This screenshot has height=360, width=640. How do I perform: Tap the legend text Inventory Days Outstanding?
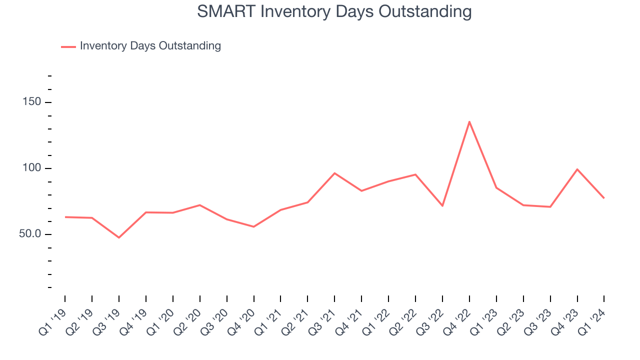(x=150, y=46)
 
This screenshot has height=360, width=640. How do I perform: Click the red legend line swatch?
(x=68, y=46)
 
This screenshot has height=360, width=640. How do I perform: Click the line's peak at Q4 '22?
(x=469, y=121)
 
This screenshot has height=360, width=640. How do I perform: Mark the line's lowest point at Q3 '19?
(x=119, y=237)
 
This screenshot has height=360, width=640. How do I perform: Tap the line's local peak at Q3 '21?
(x=334, y=173)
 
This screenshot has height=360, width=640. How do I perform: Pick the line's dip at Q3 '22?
(x=442, y=206)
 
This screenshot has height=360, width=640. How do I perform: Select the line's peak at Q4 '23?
(x=577, y=169)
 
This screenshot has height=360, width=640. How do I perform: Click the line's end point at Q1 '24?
(x=604, y=198)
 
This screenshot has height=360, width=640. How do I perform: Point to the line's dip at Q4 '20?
(x=254, y=227)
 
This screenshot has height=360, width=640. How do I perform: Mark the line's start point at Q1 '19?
(x=65, y=217)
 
